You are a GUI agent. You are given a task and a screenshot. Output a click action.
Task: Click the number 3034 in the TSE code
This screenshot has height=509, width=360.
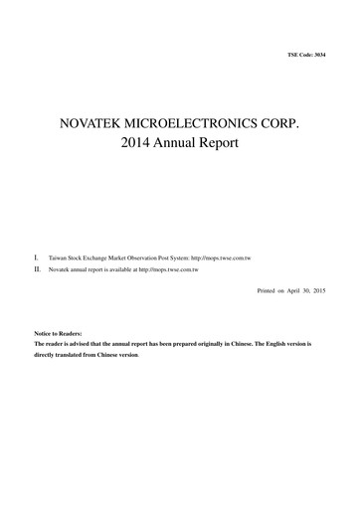[318, 53]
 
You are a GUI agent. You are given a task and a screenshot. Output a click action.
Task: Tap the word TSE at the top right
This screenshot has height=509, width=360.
[290, 53]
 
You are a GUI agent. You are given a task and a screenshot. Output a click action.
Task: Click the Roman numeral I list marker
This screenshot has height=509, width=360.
[36, 256]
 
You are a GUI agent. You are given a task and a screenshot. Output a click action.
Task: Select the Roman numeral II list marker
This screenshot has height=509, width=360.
[37, 268]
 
